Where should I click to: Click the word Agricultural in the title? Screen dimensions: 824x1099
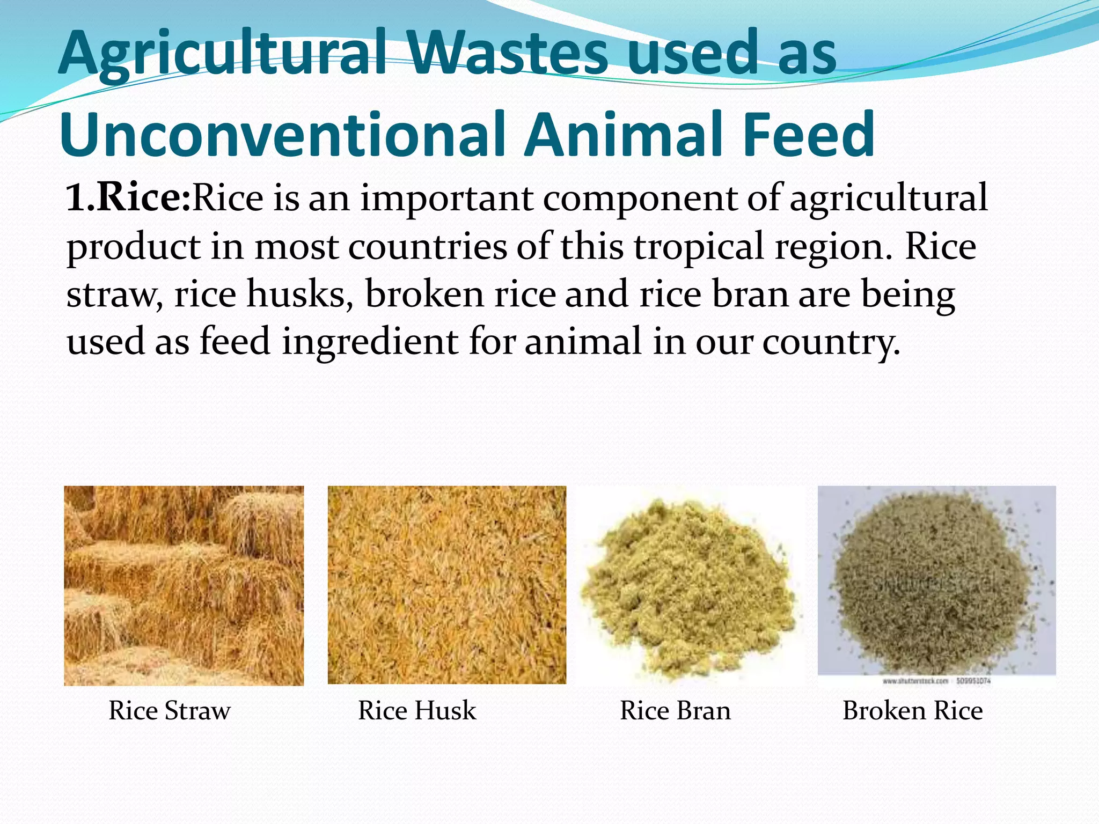point(223,54)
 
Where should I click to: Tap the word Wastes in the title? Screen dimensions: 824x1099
point(507,54)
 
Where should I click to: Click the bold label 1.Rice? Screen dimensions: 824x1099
point(128,197)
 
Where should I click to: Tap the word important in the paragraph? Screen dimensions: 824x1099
point(446,198)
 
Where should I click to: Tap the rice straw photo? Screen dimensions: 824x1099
point(184,585)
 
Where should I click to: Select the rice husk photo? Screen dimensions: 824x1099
point(446,585)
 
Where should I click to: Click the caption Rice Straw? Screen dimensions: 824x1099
point(170,710)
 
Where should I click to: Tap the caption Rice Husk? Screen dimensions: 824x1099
point(417,710)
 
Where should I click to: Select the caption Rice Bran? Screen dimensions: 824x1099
point(675,710)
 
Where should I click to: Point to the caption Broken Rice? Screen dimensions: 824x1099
point(912,710)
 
